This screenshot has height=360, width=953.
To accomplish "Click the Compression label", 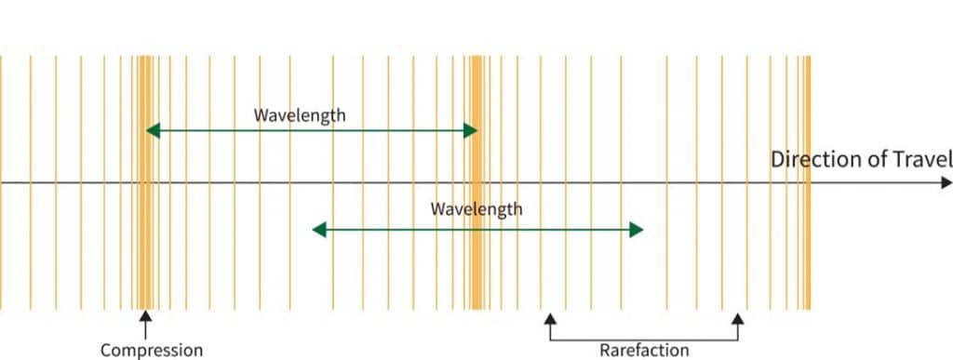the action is [x=151, y=351].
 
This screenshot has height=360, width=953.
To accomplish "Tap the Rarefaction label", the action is [x=644, y=351].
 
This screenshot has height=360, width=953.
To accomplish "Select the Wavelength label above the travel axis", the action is [x=300, y=116].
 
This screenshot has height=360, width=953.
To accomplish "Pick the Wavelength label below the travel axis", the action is [x=476, y=209].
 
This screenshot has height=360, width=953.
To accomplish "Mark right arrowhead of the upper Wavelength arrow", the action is [x=471, y=131].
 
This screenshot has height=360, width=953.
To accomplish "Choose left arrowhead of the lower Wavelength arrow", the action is [x=318, y=230].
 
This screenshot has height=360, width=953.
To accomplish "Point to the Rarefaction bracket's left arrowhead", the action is [x=550, y=318].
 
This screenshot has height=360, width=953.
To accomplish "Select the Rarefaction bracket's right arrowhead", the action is [x=738, y=318].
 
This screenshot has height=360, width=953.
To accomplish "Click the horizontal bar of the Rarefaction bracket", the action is [x=644, y=339].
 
